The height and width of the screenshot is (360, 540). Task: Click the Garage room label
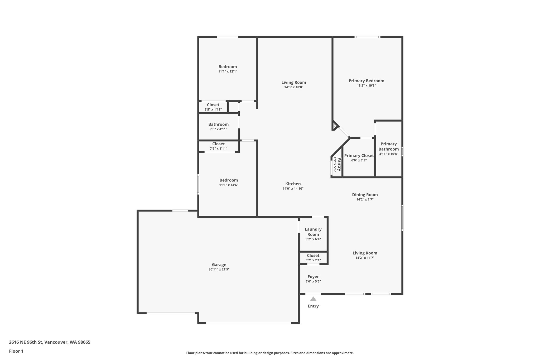(x=219, y=265)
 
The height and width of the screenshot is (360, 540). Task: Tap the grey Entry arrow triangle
(x=313, y=299)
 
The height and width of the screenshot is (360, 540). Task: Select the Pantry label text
(x=339, y=164)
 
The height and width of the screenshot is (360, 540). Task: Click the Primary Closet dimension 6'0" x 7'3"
(x=359, y=160)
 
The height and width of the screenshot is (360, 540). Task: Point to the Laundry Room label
(x=313, y=232)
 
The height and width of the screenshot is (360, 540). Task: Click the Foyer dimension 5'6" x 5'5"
(x=313, y=281)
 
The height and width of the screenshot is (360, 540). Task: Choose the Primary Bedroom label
(x=366, y=81)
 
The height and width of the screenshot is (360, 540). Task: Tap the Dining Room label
(x=365, y=195)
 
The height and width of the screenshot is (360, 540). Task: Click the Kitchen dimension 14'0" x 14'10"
(x=293, y=189)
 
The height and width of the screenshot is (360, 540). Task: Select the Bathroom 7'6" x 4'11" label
(x=218, y=124)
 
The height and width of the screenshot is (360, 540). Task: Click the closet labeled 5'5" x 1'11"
(x=213, y=105)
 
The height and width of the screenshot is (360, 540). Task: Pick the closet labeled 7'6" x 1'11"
(x=218, y=144)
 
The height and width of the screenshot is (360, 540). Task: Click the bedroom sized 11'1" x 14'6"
(x=229, y=180)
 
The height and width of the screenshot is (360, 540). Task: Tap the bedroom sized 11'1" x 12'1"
(x=228, y=67)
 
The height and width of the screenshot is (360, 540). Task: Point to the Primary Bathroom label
(x=388, y=146)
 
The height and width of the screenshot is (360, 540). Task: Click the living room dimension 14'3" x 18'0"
(x=294, y=87)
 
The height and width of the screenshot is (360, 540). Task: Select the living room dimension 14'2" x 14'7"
(x=365, y=258)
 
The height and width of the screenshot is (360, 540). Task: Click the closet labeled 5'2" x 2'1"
(x=313, y=256)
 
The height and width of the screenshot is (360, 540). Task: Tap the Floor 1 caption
(x=16, y=351)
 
